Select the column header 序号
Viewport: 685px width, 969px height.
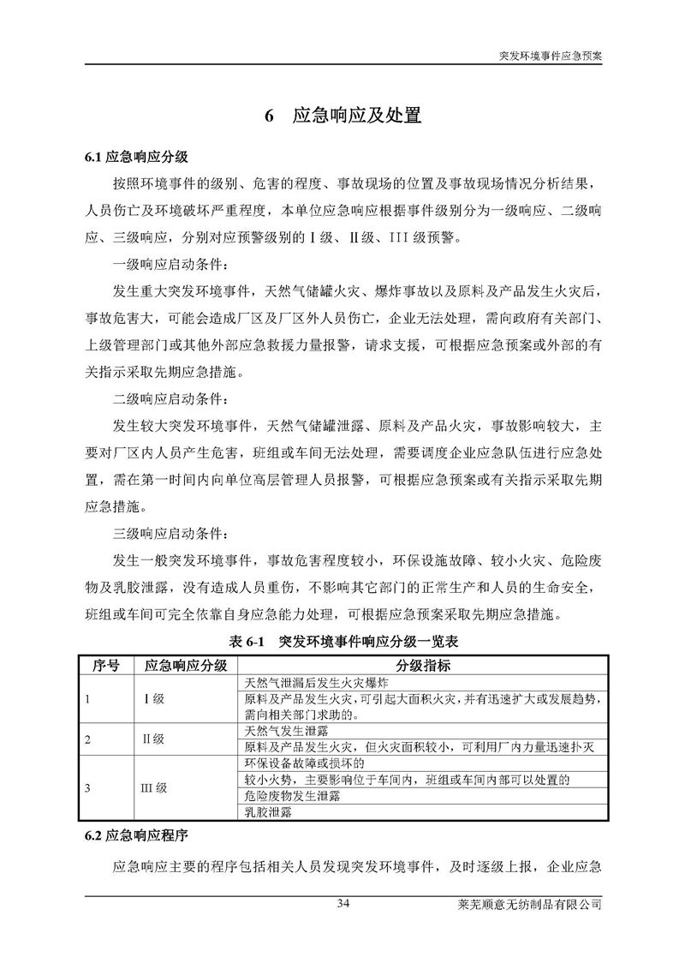(x=105, y=666)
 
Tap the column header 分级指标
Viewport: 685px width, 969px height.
(x=422, y=666)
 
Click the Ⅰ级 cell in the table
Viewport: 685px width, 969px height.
(x=155, y=699)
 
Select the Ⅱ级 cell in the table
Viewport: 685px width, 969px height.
(x=154, y=739)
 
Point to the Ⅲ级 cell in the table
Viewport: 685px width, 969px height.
(x=155, y=787)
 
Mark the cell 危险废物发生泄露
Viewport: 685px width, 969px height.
(x=292, y=796)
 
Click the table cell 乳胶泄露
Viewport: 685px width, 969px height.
(x=267, y=812)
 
